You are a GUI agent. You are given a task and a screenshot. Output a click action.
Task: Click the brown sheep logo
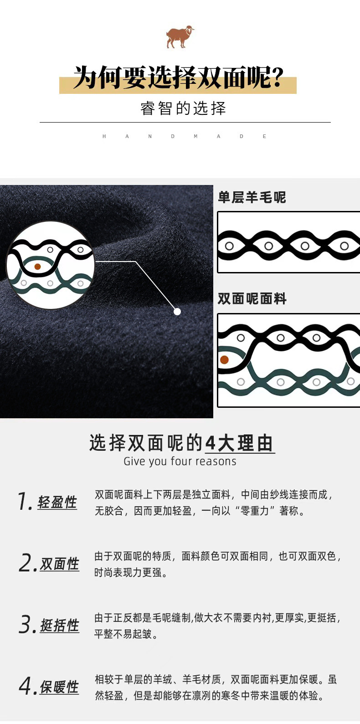click(x=180, y=37)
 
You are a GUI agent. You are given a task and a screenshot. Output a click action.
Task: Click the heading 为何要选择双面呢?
click(x=178, y=77)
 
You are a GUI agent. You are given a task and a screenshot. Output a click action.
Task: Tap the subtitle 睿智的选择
click(x=183, y=108)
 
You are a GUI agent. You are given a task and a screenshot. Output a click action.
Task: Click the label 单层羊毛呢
click(x=252, y=197)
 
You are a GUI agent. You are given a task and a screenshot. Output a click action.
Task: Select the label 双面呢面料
click(x=252, y=299)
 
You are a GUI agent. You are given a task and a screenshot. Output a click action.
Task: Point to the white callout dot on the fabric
click(x=177, y=312)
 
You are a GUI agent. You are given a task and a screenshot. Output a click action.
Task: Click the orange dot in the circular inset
click(x=38, y=267)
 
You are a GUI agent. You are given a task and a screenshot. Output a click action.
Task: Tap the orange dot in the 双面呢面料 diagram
click(x=224, y=360)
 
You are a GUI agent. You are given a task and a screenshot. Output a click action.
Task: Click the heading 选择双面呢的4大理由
click(x=182, y=443)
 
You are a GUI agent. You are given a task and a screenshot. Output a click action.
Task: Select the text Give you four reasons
click(x=180, y=462)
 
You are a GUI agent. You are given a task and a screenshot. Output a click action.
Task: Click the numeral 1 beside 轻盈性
click(x=23, y=502)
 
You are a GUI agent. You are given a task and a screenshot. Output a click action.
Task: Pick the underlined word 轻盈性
click(x=57, y=503)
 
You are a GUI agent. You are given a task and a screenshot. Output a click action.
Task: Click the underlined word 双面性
click(x=60, y=564)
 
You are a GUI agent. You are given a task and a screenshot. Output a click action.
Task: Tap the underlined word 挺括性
click(x=60, y=626)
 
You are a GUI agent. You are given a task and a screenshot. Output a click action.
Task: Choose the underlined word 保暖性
click(x=59, y=687)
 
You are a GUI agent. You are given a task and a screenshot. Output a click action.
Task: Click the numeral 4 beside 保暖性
click(x=26, y=686)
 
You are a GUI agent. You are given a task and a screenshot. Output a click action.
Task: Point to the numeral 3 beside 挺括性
click(x=26, y=625)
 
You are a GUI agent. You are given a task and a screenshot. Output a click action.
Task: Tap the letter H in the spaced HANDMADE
click(x=104, y=136)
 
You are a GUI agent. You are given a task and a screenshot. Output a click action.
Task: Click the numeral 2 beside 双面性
click(x=26, y=563)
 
